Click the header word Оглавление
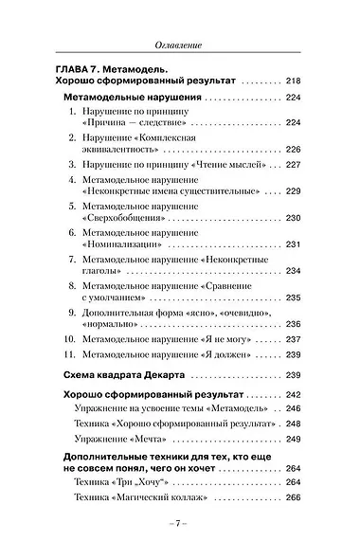[179, 46]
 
